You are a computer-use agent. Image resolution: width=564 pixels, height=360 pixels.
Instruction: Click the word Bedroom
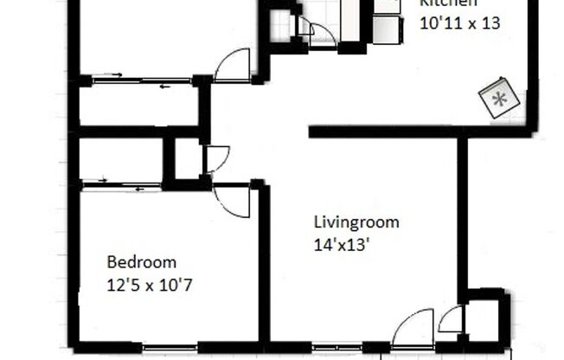tap(141, 261)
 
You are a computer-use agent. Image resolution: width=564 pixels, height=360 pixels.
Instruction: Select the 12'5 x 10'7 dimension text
tap(154, 283)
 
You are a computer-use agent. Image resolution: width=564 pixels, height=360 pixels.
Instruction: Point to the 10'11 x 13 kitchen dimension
tap(459, 23)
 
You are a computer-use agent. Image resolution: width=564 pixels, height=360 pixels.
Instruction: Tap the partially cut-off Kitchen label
tap(449, 4)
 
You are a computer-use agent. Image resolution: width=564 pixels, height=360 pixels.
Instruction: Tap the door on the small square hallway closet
tap(216, 157)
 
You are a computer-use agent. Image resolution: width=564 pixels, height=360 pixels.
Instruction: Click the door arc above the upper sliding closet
tap(234, 67)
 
